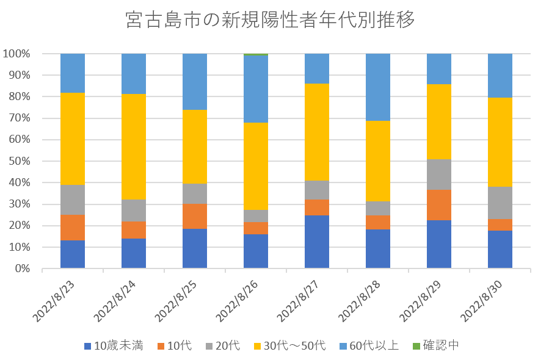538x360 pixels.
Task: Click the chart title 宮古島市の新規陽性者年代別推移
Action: click(269, 21)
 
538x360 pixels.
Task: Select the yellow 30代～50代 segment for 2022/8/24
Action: click(134, 146)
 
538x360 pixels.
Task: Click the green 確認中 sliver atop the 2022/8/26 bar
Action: click(256, 54)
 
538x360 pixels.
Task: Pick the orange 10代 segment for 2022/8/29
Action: click(439, 205)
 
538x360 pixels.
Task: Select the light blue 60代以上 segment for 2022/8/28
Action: click(378, 87)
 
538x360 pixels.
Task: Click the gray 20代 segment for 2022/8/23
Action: click(73, 200)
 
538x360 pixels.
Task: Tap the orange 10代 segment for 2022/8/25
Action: click(195, 216)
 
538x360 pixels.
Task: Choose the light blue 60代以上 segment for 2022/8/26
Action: click(256, 89)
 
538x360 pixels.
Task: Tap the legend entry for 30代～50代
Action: click(291, 346)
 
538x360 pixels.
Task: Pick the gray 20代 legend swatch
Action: click(208, 346)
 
